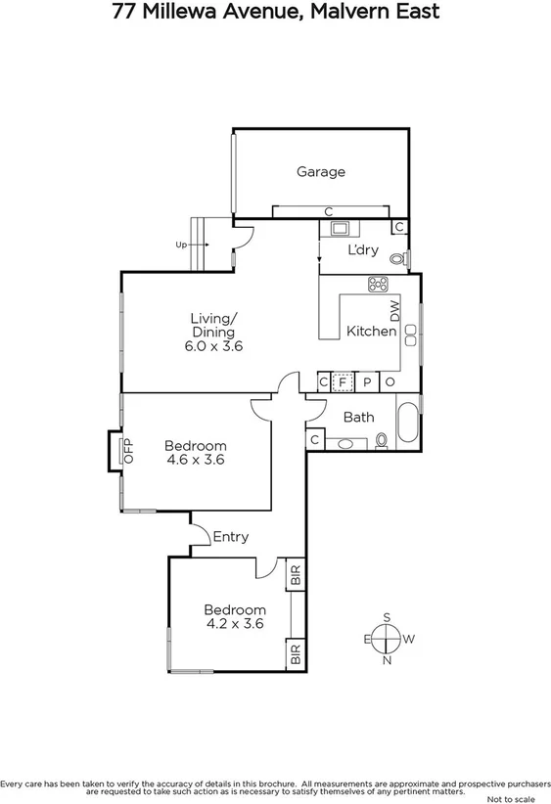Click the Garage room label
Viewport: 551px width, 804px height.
pyautogui.click(x=321, y=172)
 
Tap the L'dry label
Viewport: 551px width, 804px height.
pyautogui.click(x=364, y=250)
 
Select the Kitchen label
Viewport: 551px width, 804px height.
pyautogui.click(x=371, y=332)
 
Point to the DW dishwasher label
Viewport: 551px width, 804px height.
pyautogui.click(x=395, y=311)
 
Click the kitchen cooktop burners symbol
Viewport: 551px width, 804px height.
pyautogui.click(x=378, y=285)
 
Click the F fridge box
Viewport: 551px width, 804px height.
pyautogui.click(x=343, y=382)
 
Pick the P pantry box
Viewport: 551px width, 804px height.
pyautogui.click(x=367, y=382)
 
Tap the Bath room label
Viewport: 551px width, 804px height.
pyautogui.click(x=358, y=418)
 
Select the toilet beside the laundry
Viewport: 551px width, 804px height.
pyautogui.click(x=398, y=260)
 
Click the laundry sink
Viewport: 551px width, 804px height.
pyautogui.click(x=342, y=230)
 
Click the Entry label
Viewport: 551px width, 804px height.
pyautogui.click(x=231, y=537)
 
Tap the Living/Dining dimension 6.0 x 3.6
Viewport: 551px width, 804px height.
pyautogui.click(x=213, y=346)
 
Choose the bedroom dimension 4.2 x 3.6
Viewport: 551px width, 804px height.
pyautogui.click(x=234, y=622)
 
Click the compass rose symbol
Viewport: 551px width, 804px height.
pyautogui.click(x=389, y=639)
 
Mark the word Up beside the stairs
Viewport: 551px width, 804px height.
pyautogui.click(x=181, y=246)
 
